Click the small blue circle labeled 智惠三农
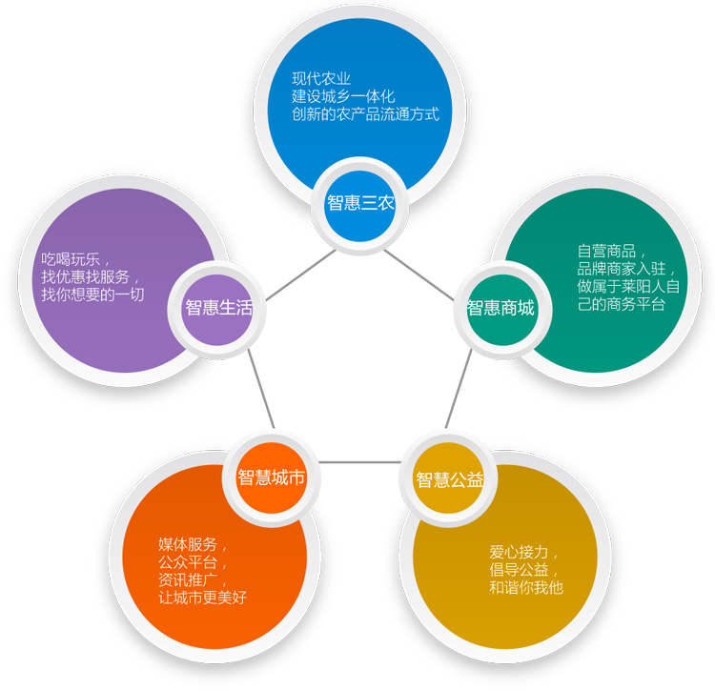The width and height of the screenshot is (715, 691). [359, 203]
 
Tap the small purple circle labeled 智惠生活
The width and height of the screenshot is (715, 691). [219, 307]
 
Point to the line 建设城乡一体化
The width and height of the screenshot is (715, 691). [343, 96]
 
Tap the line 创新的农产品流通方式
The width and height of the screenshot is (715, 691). [366, 114]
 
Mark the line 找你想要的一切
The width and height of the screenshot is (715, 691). [92, 295]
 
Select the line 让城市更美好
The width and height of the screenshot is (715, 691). [203, 600]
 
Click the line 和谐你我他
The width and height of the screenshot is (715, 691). [527, 588]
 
